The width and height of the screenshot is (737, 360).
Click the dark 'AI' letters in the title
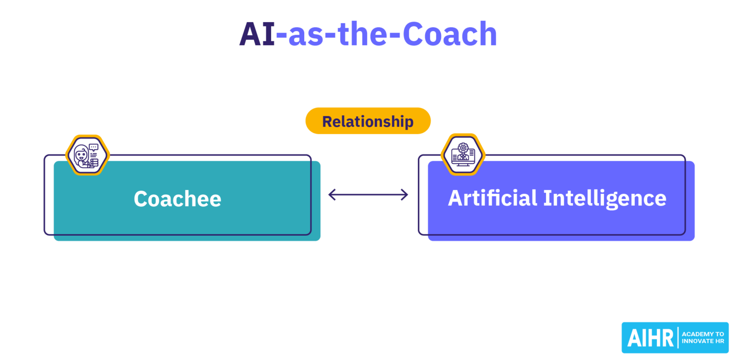click(257, 35)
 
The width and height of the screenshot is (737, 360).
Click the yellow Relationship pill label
click(368, 121)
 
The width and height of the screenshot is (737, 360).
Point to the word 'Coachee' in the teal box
click(177, 199)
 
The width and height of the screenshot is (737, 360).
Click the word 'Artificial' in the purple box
click(492, 198)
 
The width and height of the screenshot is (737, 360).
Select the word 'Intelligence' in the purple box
click(605, 199)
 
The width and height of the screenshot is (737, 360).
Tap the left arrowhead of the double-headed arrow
click(332, 194)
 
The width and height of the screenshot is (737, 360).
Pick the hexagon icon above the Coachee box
click(87, 155)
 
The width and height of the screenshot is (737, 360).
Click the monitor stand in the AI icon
click(463, 164)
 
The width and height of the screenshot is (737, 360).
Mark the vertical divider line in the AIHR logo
click(678, 337)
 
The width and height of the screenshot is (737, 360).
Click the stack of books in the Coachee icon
click(94, 163)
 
